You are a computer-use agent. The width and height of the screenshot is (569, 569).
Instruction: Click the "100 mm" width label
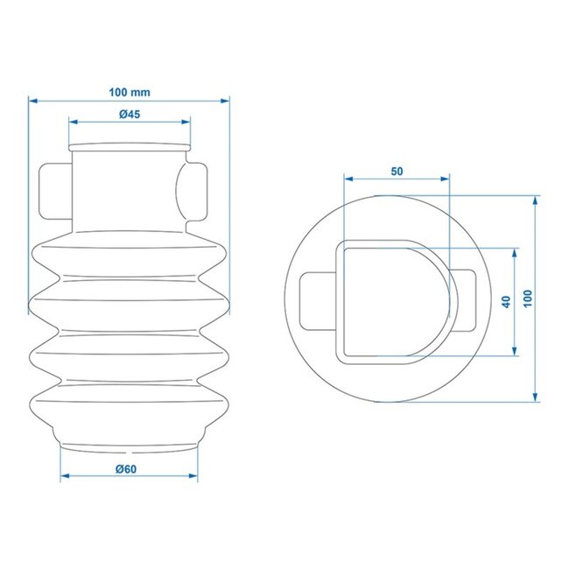click(x=130, y=92)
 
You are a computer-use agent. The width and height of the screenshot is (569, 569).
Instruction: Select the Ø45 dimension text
click(x=129, y=115)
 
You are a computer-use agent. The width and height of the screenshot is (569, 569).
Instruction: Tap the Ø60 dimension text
click(x=129, y=469)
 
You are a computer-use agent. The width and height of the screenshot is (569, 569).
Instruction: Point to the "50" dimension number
click(x=397, y=172)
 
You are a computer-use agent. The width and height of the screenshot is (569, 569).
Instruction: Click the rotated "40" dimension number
click(x=505, y=301)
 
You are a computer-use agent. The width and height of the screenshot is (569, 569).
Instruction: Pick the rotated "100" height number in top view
click(x=526, y=298)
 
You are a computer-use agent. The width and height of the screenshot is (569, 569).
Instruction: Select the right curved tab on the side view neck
click(x=196, y=191)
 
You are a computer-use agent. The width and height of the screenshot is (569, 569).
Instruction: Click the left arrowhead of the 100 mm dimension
click(x=33, y=101)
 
